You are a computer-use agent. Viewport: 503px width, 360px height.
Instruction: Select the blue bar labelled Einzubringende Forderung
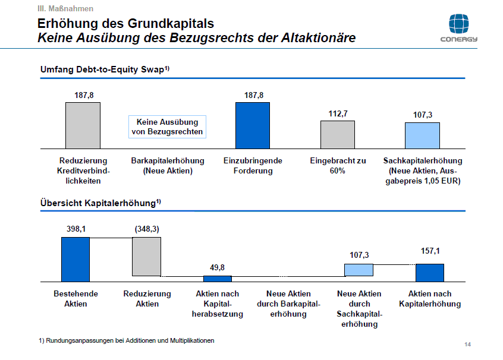click(253, 125)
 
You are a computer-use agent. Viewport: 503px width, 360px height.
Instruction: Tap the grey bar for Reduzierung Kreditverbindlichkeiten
click(83, 125)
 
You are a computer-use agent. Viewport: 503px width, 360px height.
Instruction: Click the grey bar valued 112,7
click(337, 134)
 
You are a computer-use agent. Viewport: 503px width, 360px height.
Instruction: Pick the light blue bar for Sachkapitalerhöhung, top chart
click(422, 135)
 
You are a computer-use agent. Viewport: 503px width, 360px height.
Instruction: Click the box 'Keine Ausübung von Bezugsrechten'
click(167, 127)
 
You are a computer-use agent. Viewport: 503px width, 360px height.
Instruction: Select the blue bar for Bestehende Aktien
click(76, 258)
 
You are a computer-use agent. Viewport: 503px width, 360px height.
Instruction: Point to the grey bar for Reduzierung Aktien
click(146, 257)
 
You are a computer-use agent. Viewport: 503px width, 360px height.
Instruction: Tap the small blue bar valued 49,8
click(218, 278)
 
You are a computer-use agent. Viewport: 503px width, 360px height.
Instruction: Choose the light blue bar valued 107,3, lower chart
click(359, 270)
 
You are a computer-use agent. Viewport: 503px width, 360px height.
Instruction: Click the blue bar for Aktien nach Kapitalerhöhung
click(429, 272)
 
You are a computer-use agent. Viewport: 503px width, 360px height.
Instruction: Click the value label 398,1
click(76, 229)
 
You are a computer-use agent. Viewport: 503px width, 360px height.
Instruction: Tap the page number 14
click(467, 345)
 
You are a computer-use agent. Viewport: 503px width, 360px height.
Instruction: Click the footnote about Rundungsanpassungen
click(127, 340)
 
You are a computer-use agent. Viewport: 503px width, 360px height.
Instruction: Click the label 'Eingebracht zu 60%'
click(338, 166)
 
